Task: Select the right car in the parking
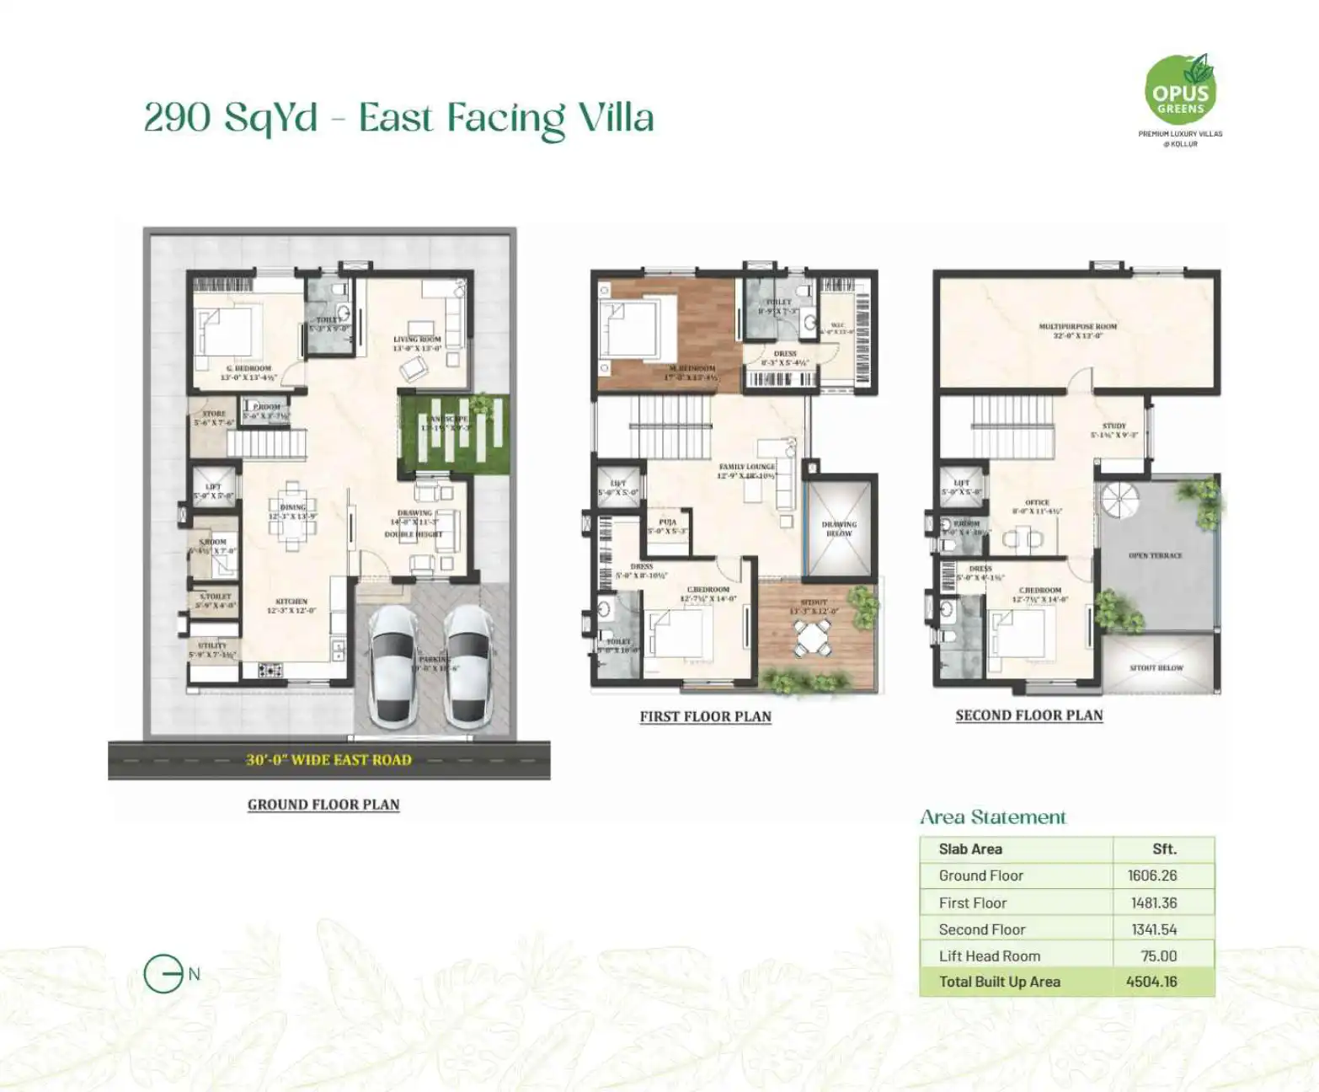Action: [468, 666]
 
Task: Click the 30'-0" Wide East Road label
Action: [328, 760]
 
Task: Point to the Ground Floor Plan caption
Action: [323, 805]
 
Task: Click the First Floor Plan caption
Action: [705, 717]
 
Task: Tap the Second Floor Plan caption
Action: [1028, 715]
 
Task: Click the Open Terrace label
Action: [1155, 556]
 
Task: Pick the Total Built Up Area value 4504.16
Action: [1151, 982]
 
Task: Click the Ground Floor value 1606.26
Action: [1151, 875]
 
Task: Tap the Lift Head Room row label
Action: [989, 955]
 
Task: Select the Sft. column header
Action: [1164, 849]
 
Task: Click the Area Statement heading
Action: [992, 817]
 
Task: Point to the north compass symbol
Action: [164, 974]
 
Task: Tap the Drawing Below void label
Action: [839, 529]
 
